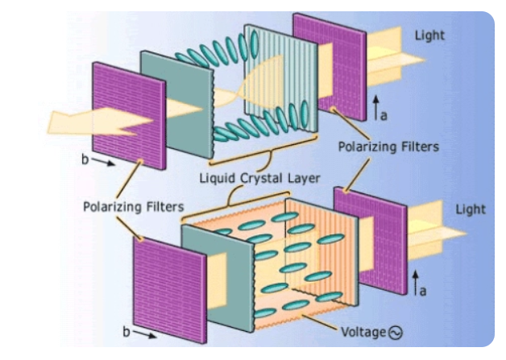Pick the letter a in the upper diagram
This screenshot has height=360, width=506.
click(384, 116)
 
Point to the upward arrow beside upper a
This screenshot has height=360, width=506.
click(375, 106)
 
